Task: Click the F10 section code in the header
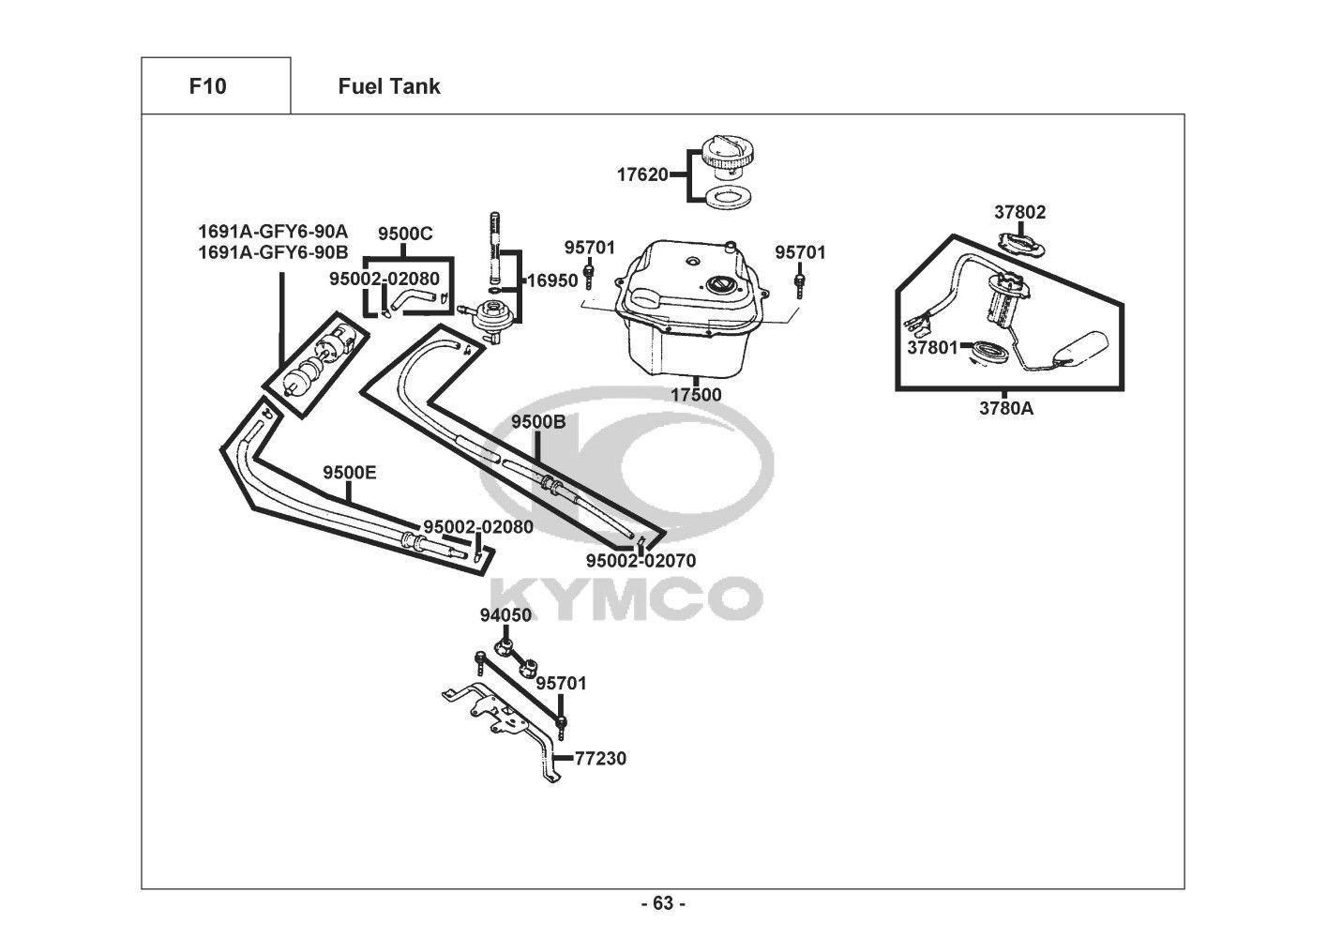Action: pos(207,86)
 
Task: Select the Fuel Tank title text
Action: pos(389,86)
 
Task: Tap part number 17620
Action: pos(642,174)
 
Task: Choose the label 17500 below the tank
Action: pos(696,395)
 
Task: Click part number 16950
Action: pos(552,280)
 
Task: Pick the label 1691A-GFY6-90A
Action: pos(273,231)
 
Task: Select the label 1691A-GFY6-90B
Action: pos(273,252)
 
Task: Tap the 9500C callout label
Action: pos(405,234)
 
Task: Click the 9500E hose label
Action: pos(350,473)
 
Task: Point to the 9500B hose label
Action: pos(538,422)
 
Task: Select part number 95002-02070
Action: pos(641,561)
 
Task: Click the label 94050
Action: pos(505,615)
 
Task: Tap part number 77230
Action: pos(601,759)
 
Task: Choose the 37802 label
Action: pos(1020,212)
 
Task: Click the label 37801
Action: pos(932,348)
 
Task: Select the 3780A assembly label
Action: pos(1006,408)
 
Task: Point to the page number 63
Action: pos(664,903)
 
